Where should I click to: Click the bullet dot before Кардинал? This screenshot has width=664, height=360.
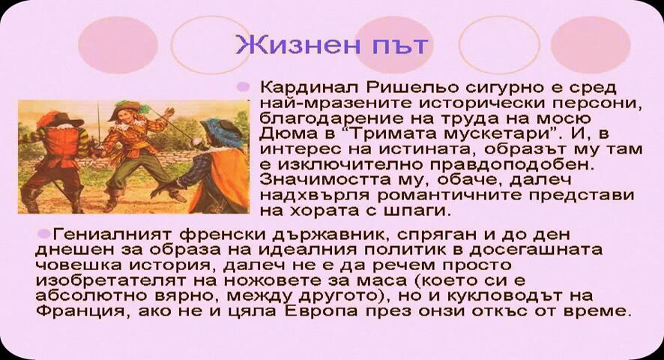[x=243, y=87]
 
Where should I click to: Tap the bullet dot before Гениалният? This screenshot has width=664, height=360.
[x=43, y=233]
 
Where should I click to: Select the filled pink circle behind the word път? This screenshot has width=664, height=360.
[x=393, y=45]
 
